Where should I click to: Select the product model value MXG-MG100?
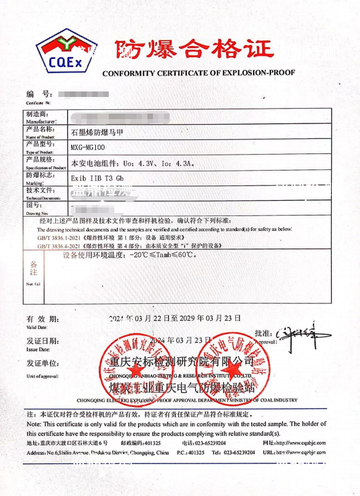click(88, 147)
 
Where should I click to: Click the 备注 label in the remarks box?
click(34, 268)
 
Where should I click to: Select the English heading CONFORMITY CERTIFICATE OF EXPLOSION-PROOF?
click(198, 72)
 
